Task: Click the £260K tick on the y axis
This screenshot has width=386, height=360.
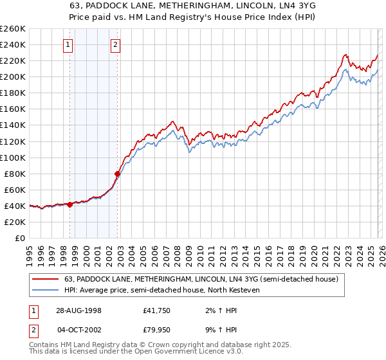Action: pos(13,29)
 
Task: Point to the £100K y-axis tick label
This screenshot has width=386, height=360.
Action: pos(13,157)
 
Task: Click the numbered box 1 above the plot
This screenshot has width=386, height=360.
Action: pos(68,45)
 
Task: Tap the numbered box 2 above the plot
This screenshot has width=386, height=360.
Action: pos(115,45)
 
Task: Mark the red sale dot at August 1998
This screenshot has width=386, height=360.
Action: pos(70,204)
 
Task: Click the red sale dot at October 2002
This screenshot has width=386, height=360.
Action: pos(117,174)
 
